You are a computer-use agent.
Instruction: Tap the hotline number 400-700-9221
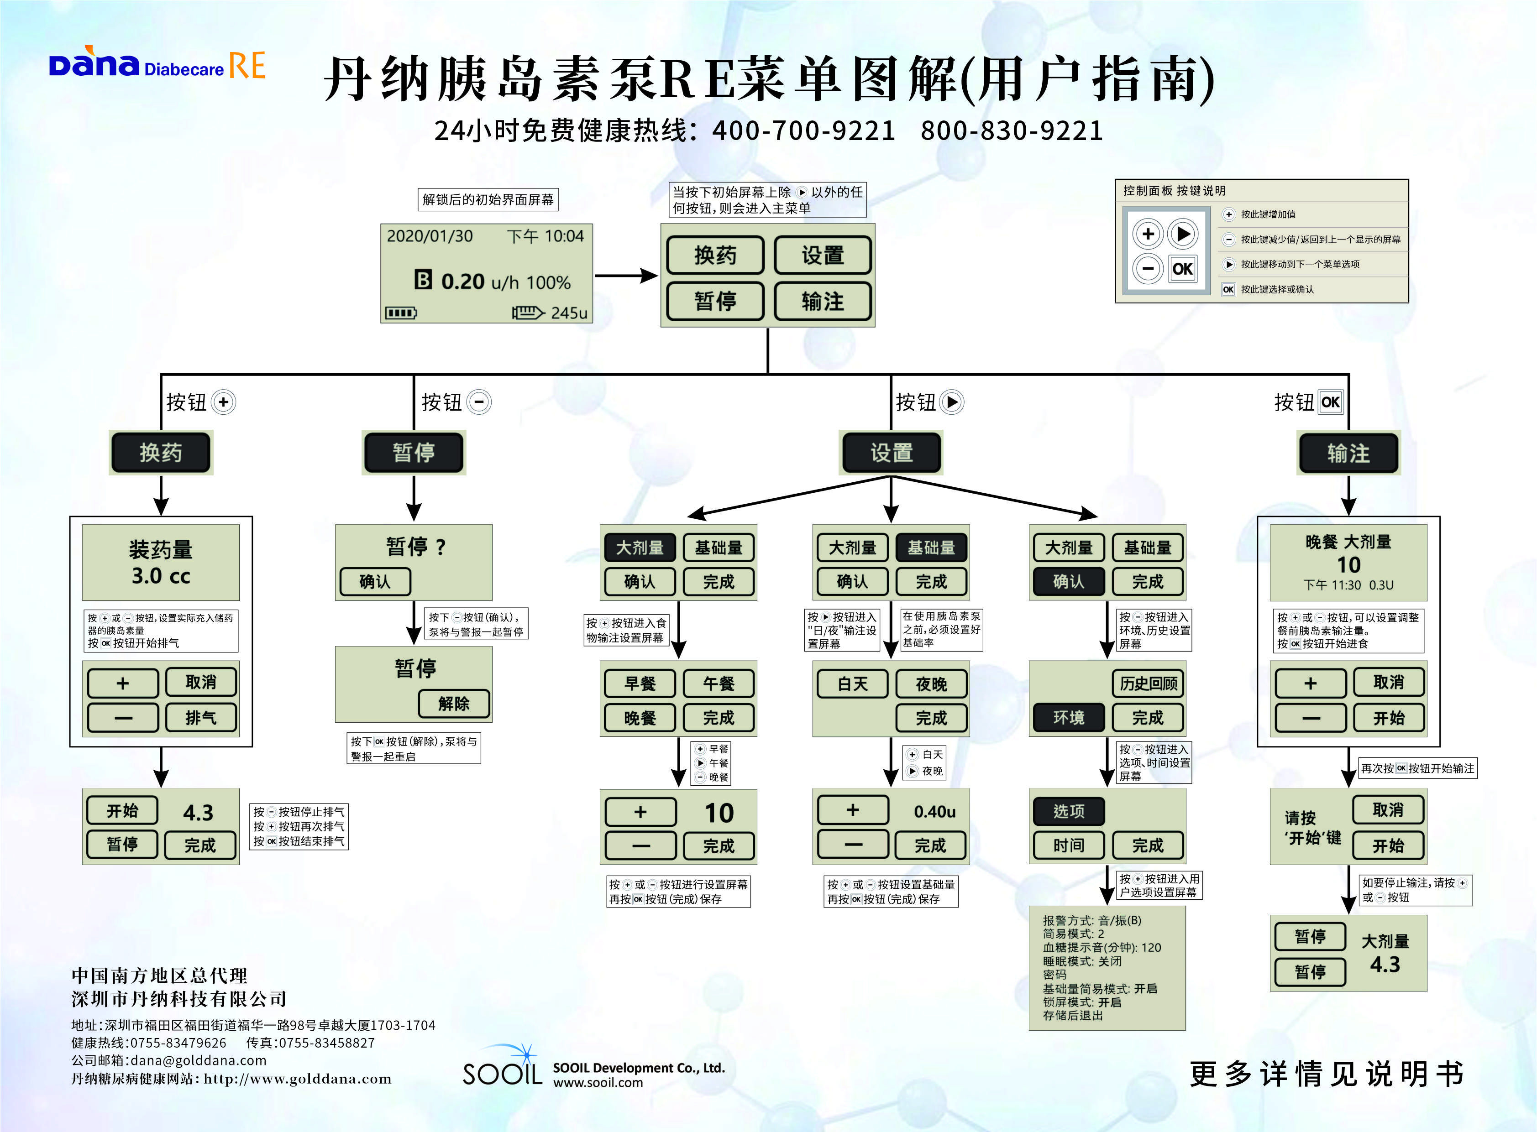pyautogui.click(x=803, y=130)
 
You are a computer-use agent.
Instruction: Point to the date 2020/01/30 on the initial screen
pyautogui.click(x=430, y=236)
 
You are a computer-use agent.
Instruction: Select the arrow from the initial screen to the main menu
pyautogui.click(x=625, y=276)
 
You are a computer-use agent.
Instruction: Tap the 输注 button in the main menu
pyautogui.click(x=823, y=302)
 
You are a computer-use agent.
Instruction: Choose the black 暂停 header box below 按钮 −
pyautogui.click(x=414, y=452)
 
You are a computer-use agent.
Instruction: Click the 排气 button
pyautogui.click(x=201, y=717)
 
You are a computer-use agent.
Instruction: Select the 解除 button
pyautogui.click(x=454, y=704)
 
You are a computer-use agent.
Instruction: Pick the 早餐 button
pyautogui.click(x=640, y=683)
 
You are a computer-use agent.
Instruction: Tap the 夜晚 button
pyautogui.click(x=931, y=684)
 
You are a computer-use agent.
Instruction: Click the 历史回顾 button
pyautogui.click(x=1148, y=683)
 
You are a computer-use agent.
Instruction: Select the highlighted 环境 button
pyautogui.click(x=1068, y=717)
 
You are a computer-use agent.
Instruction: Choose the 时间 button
pyautogui.click(x=1068, y=845)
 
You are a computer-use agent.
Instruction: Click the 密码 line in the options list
pyautogui.click(x=1054, y=975)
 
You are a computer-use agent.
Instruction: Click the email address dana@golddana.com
pyautogui.click(x=198, y=1060)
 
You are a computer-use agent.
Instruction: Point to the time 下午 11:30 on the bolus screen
pyautogui.click(x=1332, y=585)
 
